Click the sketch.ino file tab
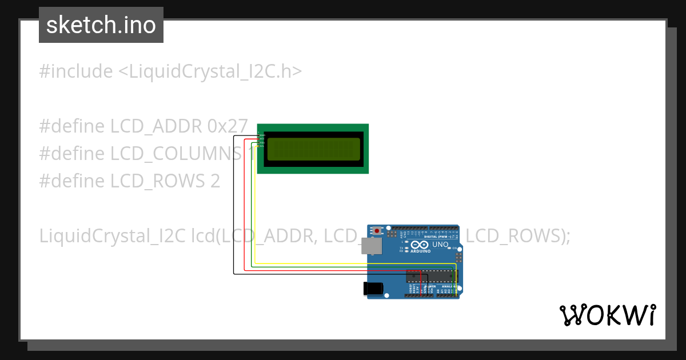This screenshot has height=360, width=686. (x=101, y=25)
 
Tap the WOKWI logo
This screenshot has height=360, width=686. (x=607, y=315)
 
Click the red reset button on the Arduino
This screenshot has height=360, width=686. (x=377, y=231)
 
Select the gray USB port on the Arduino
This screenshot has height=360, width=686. (x=372, y=246)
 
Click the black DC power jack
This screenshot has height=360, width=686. (x=373, y=289)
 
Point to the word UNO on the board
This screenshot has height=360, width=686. (x=440, y=245)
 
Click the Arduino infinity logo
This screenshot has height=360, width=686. (x=420, y=245)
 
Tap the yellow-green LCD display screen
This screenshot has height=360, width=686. (x=313, y=149)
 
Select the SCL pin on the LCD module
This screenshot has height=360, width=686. (x=261, y=146)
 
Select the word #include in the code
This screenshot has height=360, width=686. (x=76, y=71)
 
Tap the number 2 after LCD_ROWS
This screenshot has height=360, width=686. (x=215, y=181)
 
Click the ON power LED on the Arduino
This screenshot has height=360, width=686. (x=449, y=248)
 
